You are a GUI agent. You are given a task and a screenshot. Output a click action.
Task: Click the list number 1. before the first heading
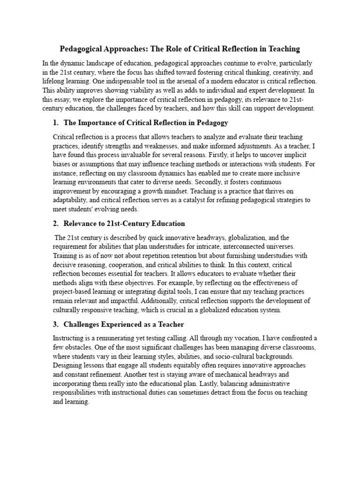tap(56, 123)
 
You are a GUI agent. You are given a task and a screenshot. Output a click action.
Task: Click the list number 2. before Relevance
tap(56, 224)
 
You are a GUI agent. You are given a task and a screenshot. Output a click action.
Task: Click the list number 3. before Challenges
tap(56, 324)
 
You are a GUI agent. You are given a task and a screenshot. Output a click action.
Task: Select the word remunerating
tap(113, 338)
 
